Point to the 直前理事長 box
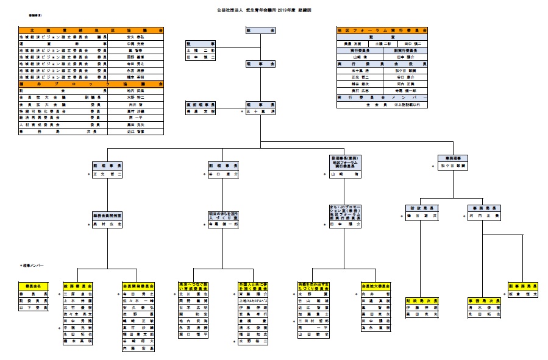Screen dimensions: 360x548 pyautogui.click(x=201, y=105)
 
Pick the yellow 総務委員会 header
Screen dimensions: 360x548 pyautogui.click(x=77, y=285)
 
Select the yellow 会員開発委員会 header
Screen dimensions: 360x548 pyautogui.click(x=138, y=285)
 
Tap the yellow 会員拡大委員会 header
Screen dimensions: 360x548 pyautogui.click(x=375, y=285)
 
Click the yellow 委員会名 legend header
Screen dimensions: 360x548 pyautogui.click(x=30, y=285)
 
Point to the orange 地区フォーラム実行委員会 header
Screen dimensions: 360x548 pyautogui.click(x=382, y=30)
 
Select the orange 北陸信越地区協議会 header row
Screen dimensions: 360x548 pyautogui.click(x=91, y=30)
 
